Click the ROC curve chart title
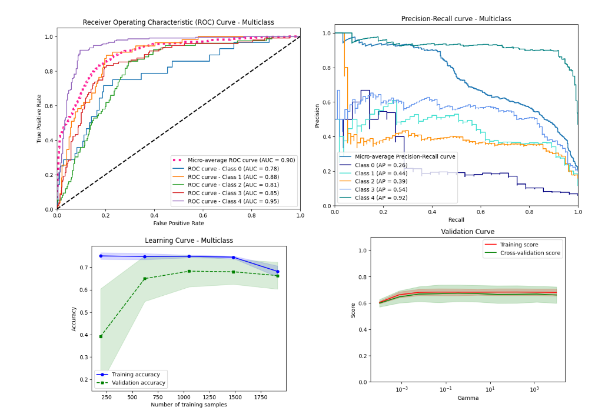coord(178,22)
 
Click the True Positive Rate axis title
coord(40,120)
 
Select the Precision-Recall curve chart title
coord(456,19)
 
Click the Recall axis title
coord(456,219)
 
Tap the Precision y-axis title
coord(318,115)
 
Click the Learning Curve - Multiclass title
coord(189,241)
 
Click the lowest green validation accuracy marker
coord(101,336)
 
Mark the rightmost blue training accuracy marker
coord(277,272)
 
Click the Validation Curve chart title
coord(468,232)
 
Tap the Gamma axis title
coord(468,398)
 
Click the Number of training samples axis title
coord(189,405)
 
